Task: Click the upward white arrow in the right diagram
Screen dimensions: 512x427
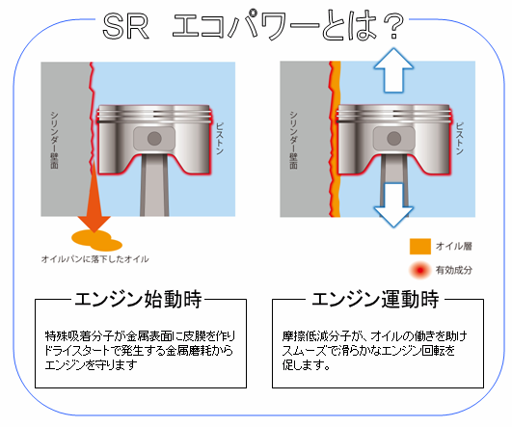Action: pyautogui.click(x=393, y=70)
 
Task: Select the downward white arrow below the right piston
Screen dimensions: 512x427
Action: pyautogui.click(x=393, y=205)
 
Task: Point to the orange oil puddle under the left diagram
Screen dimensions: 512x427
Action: pyautogui.click(x=96, y=240)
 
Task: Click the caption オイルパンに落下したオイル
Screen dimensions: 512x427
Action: pyautogui.click(x=95, y=259)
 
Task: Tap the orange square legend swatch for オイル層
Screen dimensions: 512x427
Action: pyautogui.click(x=420, y=246)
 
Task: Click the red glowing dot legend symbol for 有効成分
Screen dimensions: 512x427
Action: pyautogui.click(x=420, y=270)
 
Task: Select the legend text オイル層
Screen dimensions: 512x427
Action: pyautogui.click(x=454, y=246)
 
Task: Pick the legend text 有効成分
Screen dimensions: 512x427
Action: pyautogui.click(x=454, y=270)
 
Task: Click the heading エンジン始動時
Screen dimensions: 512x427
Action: pyautogui.click(x=138, y=299)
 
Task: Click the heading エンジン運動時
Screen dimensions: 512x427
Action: pyautogui.click(x=375, y=299)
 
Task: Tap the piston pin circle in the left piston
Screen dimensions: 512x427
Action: pyautogui.click(x=154, y=139)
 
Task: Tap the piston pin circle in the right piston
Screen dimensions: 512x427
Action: pyautogui.click(x=393, y=139)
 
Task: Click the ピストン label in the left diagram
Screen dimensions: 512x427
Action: pyautogui.click(x=220, y=139)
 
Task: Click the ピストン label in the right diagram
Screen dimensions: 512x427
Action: pyautogui.click(x=460, y=139)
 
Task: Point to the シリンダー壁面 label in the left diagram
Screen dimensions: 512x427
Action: pyautogui.click(x=54, y=140)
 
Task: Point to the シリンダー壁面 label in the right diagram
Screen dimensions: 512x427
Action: pyautogui.click(x=293, y=140)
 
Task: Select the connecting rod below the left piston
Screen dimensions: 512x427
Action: pyautogui.click(x=154, y=185)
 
